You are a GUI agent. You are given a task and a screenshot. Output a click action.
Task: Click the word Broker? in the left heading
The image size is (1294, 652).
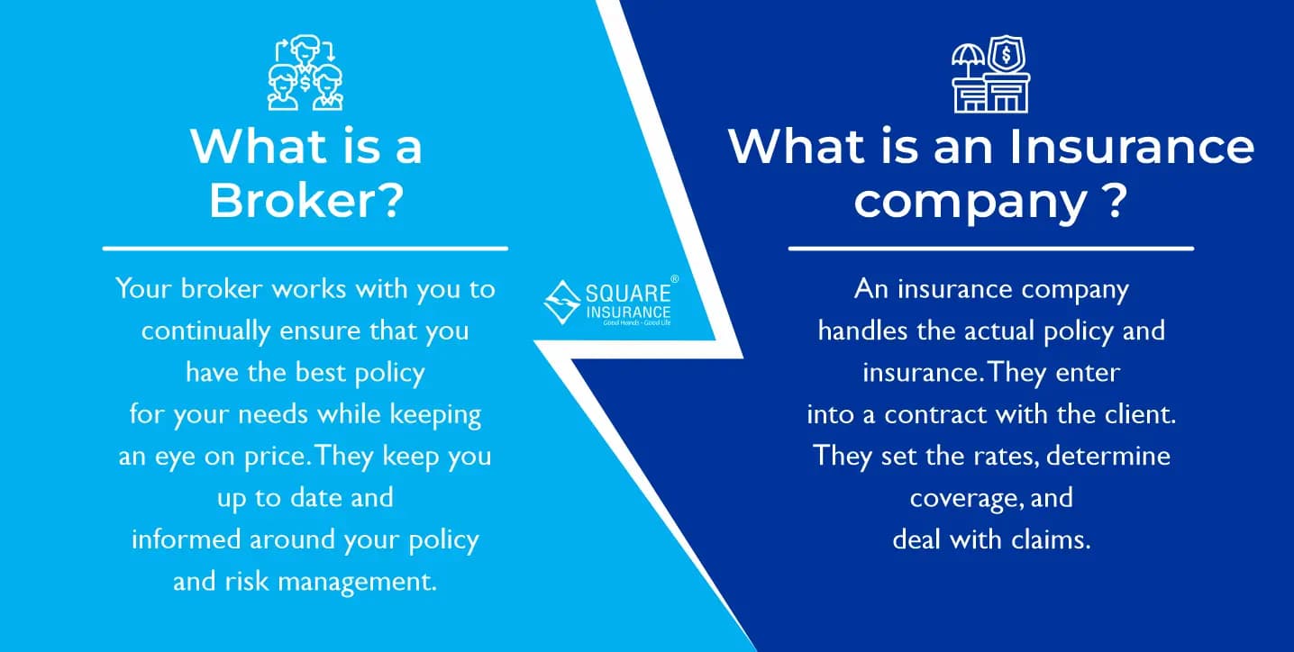pyautogui.click(x=305, y=201)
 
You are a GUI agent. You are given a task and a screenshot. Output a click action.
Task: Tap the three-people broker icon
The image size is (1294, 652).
pyautogui.click(x=305, y=73)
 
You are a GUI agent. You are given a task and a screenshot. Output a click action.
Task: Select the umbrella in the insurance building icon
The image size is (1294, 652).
pyautogui.click(x=970, y=57)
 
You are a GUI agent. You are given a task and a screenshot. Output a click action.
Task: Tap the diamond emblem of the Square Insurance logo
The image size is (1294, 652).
pyautogui.click(x=562, y=303)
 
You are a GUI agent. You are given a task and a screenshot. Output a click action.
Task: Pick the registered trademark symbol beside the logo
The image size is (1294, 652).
pyautogui.click(x=675, y=280)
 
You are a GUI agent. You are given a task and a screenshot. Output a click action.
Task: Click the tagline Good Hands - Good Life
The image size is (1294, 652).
pyautogui.click(x=637, y=321)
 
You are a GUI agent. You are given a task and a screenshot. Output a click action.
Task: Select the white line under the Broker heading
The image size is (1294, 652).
pyautogui.click(x=305, y=248)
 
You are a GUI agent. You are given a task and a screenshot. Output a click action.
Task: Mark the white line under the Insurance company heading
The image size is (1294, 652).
pyautogui.click(x=990, y=248)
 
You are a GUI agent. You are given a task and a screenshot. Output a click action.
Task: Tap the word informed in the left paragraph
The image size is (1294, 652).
pyautogui.click(x=186, y=539)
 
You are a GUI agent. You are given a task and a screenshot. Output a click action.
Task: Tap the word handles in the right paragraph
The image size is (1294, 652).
pyautogui.click(x=855, y=331)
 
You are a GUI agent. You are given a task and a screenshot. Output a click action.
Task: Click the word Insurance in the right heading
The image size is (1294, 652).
pyautogui.click(x=1131, y=146)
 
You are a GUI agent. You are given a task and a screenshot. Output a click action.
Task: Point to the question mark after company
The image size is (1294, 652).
pyautogui.click(x=1115, y=201)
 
